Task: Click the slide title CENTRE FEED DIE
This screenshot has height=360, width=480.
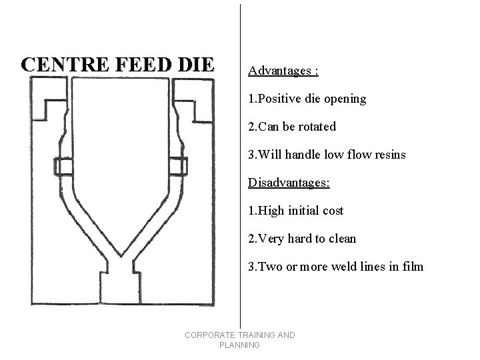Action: click(117, 65)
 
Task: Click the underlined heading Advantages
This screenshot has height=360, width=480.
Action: click(283, 70)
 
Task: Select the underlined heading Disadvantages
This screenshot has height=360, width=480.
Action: click(289, 182)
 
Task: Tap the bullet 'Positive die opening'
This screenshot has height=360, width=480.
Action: click(307, 99)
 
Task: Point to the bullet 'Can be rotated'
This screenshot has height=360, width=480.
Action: click(292, 127)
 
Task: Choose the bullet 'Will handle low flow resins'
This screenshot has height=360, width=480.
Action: click(327, 155)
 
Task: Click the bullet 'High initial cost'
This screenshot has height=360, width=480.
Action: click(295, 211)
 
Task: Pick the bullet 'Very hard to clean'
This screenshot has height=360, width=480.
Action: click(302, 239)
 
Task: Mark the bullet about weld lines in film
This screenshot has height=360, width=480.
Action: click(335, 267)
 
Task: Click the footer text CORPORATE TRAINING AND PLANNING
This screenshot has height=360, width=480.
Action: click(239, 340)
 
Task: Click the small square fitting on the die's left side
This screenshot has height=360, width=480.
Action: click(63, 166)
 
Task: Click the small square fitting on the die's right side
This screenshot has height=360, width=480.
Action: click(177, 166)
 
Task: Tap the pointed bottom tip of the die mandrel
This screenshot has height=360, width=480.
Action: click(120, 254)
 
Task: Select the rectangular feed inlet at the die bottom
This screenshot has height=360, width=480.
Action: click(120, 291)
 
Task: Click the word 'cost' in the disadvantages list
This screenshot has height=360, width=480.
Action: click(331, 211)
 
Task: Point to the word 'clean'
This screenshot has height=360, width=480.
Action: click(343, 239)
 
